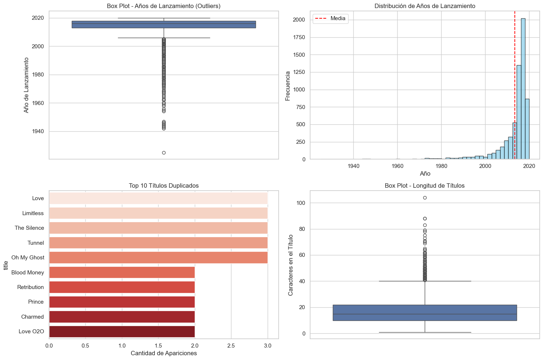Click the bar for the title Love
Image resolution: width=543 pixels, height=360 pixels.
point(158,198)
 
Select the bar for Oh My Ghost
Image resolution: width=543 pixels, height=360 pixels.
point(158,258)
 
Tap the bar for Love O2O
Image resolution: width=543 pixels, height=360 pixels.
point(122,331)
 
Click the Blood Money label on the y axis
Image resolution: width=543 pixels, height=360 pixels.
point(27,273)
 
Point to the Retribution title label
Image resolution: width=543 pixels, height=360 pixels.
point(30,287)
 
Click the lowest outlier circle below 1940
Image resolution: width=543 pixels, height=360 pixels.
point(164,153)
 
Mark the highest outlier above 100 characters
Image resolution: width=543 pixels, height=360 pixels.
point(425,198)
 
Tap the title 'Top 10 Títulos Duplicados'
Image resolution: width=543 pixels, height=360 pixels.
point(164,186)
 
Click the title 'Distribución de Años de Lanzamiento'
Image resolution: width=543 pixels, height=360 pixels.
point(425,6)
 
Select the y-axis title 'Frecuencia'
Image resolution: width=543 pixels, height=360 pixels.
point(288,86)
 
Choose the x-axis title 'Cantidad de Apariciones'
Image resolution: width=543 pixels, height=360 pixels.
point(164,353)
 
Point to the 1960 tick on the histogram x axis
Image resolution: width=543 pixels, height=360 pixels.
point(397,166)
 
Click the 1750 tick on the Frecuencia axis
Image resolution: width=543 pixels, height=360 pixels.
point(298,37)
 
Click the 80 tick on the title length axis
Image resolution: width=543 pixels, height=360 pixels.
point(302,229)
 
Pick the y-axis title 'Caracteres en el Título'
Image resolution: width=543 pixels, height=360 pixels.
point(291,265)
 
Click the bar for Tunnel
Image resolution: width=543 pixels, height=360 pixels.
point(158,243)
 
